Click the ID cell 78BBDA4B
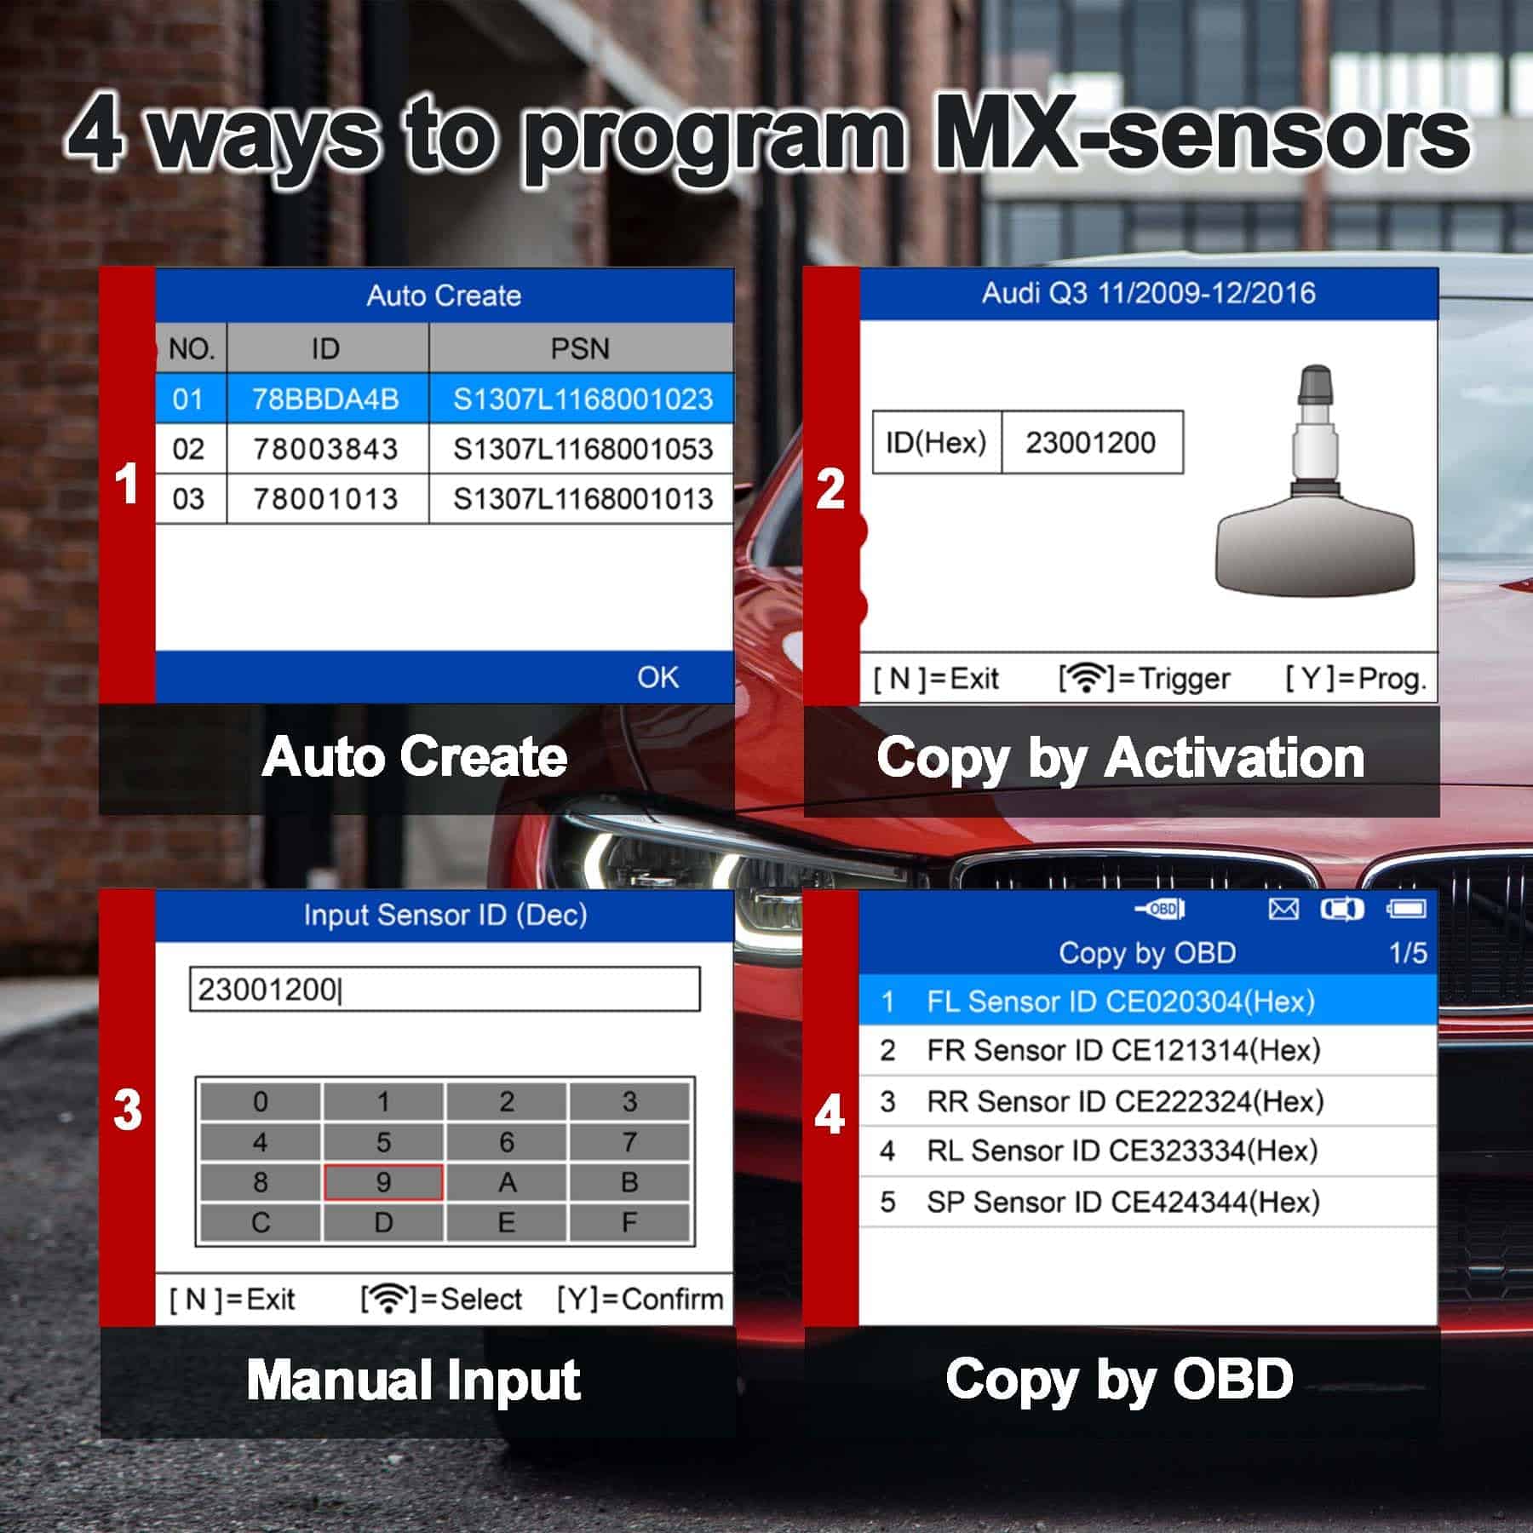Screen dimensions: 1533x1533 [x=326, y=399]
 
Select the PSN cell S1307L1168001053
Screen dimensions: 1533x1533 [x=583, y=449]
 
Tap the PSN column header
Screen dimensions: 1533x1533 [x=580, y=348]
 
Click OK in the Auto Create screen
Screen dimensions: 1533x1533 [x=657, y=677]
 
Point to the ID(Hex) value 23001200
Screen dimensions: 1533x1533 [x=1090, y=443]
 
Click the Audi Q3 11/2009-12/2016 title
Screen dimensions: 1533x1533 [x=1148, y=293]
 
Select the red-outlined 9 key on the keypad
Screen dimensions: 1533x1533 [x=383, y=1182]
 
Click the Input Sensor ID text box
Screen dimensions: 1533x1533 [x=445, y=989]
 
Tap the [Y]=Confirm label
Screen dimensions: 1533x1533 [x=640, y=1299]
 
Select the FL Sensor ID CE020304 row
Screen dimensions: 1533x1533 [x=1148, y=1001]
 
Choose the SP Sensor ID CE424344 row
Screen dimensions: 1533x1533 [x=1148, y=1202]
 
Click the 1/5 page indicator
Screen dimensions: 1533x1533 [x=1408, y=952]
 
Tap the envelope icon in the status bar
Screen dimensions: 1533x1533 [x=1283, y=910]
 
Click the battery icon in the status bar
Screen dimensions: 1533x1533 [x=1406, y=910]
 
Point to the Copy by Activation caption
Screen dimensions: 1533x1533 [x=1121, y=757]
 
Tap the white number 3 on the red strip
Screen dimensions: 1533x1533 [x=128, y=1110]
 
